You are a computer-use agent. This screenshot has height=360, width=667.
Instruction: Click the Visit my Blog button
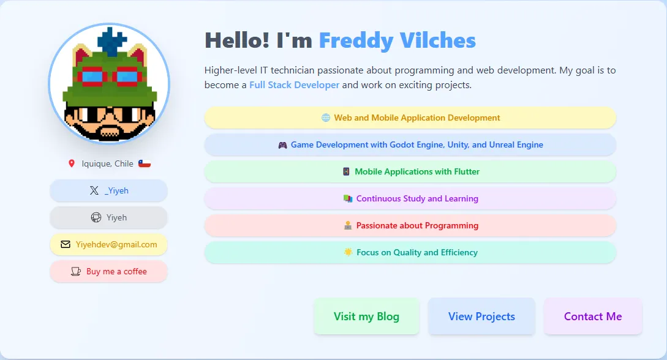click(366, 317)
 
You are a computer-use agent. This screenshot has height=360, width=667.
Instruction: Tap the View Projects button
click(481, 317)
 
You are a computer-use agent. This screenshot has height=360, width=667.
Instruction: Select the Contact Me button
click(593, 317)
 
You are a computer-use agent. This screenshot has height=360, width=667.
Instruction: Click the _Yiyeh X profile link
click(109, 190)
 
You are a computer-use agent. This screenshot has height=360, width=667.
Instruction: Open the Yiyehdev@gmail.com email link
click(109, 244)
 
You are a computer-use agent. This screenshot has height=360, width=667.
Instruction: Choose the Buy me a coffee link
click(109, 271)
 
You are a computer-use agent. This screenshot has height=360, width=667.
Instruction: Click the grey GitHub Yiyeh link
click(109, 217)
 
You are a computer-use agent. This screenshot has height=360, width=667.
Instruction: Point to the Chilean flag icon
click(145, 163)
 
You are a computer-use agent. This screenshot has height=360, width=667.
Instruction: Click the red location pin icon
click(72, 163)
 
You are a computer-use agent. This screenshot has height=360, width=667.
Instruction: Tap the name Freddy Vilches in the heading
click(397, 41)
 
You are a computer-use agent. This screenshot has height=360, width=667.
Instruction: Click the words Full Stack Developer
click(294, 85)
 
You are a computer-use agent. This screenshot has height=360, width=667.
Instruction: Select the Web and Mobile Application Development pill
click(410, 118)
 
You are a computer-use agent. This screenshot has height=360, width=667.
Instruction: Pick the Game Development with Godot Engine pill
click(410, 145)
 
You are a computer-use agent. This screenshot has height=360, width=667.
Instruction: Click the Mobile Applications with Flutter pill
click(410, 171)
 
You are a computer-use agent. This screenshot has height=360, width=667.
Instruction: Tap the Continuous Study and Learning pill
click(410, 198)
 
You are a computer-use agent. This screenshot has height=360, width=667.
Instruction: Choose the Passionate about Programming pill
click(410, 225)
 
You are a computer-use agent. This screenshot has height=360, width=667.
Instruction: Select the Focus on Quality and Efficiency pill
click(410, 252)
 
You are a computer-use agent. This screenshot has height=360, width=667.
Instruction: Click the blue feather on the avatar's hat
click(111, 41)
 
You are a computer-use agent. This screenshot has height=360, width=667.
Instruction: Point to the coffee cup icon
click(76, 271)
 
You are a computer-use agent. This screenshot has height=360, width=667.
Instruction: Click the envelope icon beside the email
click(66, 244)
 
